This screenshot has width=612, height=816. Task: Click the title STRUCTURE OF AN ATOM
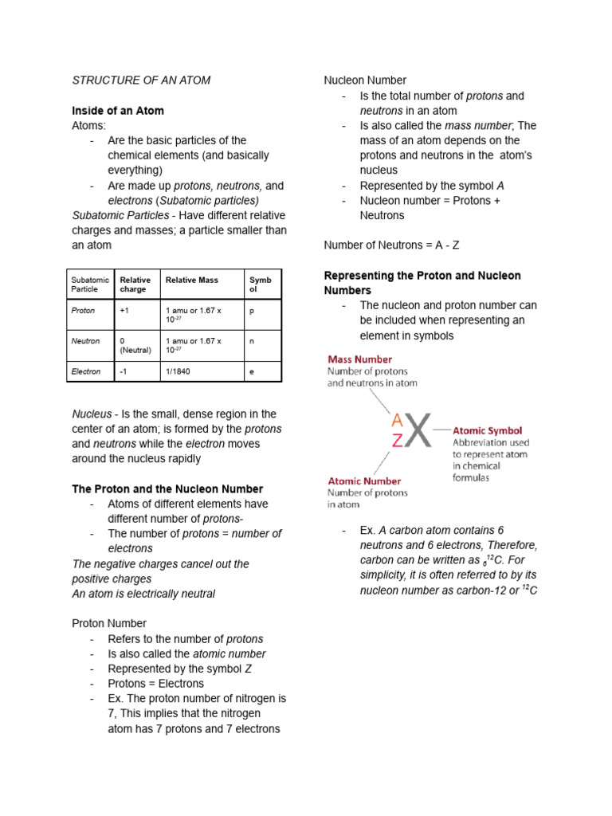point(141,80)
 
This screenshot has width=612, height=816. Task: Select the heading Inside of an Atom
point(118,111)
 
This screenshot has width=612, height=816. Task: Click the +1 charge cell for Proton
point(125,310)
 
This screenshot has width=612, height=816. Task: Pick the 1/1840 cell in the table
point(178,371)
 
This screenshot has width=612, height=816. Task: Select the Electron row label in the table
point(86,371)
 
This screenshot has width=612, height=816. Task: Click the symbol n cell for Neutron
point(252,341)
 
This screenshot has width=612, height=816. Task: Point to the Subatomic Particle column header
point(89,284)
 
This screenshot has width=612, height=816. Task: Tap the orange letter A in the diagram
point(397,420)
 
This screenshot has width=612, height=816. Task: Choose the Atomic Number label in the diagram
point(364,481)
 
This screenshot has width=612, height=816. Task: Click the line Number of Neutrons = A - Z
point(391,245)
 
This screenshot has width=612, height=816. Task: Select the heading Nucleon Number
point(365,80)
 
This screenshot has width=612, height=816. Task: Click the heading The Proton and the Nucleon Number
point(167,488)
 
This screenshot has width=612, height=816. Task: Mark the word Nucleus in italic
point(92,414)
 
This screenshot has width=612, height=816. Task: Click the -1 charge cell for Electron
point(124,371)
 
